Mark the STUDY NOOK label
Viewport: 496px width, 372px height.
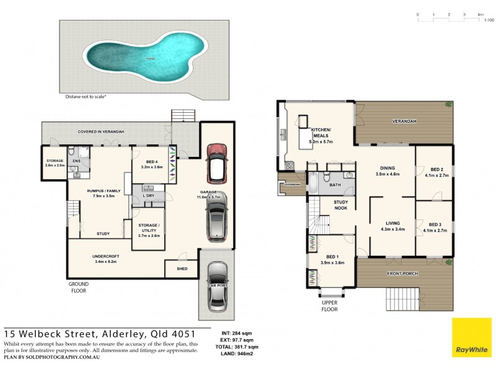click(341, 205)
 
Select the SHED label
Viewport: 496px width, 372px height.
click(182, 268)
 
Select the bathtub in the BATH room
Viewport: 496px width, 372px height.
click(314, 184)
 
